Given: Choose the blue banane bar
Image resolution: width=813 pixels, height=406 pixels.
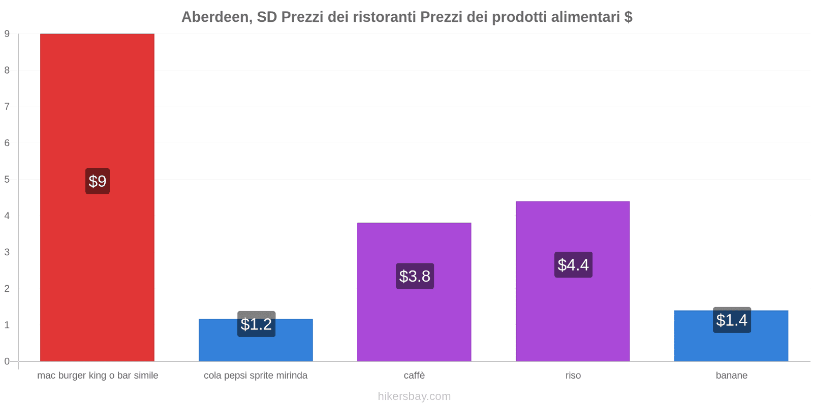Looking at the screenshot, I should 731,345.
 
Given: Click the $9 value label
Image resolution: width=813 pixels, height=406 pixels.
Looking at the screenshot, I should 98,181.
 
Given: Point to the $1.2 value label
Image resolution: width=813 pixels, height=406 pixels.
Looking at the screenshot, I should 256,324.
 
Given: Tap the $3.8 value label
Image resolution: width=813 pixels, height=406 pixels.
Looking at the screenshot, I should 415,276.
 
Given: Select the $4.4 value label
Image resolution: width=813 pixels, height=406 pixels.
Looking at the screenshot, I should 573,264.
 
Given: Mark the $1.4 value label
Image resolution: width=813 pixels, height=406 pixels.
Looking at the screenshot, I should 732,320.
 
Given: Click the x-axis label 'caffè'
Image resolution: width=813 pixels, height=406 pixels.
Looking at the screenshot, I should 414,376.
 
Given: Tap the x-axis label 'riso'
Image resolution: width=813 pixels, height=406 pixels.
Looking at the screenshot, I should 573,376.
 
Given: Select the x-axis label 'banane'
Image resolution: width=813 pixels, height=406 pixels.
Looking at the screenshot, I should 731,376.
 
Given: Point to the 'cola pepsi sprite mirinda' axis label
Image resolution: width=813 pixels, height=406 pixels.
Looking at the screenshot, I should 256,376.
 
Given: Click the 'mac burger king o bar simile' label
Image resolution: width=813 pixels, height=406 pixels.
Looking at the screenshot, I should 98,376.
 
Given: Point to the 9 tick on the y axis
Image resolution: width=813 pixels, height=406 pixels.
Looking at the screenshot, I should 7,34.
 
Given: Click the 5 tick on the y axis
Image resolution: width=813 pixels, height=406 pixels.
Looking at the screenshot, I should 7,180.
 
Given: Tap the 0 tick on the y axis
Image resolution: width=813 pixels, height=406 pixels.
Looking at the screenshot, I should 7,361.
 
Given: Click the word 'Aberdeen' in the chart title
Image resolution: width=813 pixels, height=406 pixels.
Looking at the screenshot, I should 216,17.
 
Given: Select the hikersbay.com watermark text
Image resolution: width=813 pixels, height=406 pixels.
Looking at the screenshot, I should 414,396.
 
